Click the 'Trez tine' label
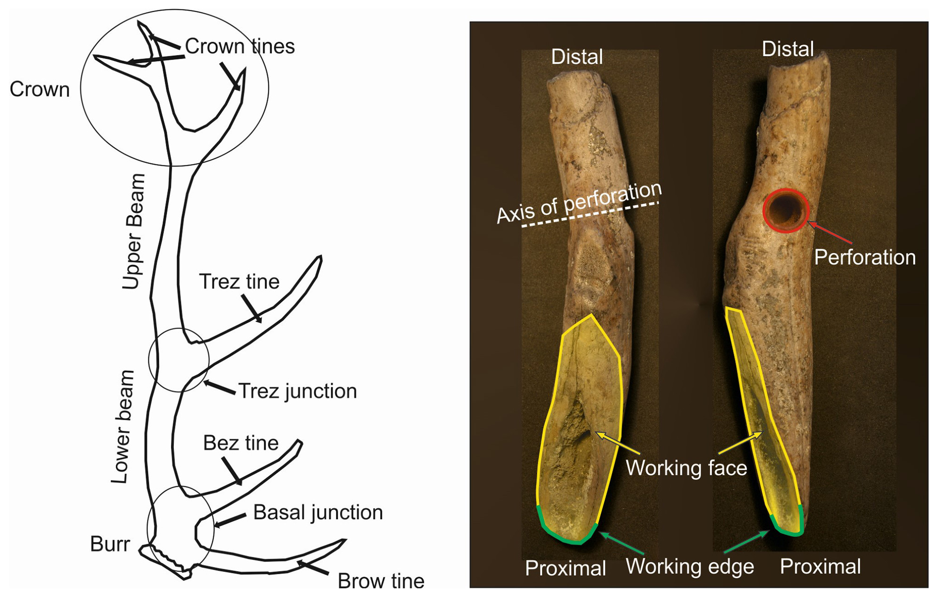click(239, 282)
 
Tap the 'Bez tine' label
click(241, 443)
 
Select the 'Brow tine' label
click(381, 581)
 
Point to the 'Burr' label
click(110, 544)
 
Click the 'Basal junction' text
click(318, 513)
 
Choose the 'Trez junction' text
click(297, 391)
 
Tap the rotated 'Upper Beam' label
click(133, 232)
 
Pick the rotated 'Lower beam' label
click(122, 427)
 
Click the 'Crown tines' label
click(240, 46)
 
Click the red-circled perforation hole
click(786, 211)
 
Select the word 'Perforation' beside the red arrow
click(865, 258)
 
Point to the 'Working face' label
click(686, 468)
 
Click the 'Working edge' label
click(689, 566)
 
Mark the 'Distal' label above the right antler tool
click(788, 49)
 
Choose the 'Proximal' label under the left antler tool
click(565, 568)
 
